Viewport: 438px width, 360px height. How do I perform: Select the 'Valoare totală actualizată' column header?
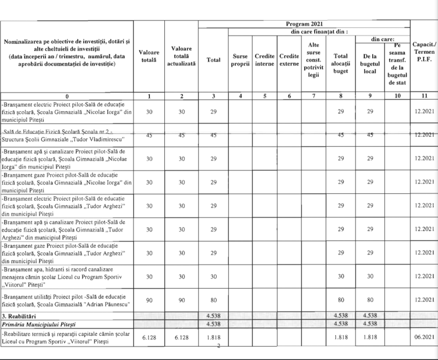click(181, 56)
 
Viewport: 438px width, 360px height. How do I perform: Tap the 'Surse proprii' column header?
click(240, 60)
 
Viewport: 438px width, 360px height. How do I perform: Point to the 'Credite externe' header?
click(289, 60)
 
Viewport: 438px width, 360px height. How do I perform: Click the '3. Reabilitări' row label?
click(21, 315)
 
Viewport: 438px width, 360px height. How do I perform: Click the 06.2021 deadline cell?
click(424, 337)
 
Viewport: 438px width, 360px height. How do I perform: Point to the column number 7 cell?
click(313, 96)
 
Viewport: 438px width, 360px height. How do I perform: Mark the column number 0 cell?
click(67, 96)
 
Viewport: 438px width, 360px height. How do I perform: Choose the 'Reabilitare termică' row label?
click(66, 337)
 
